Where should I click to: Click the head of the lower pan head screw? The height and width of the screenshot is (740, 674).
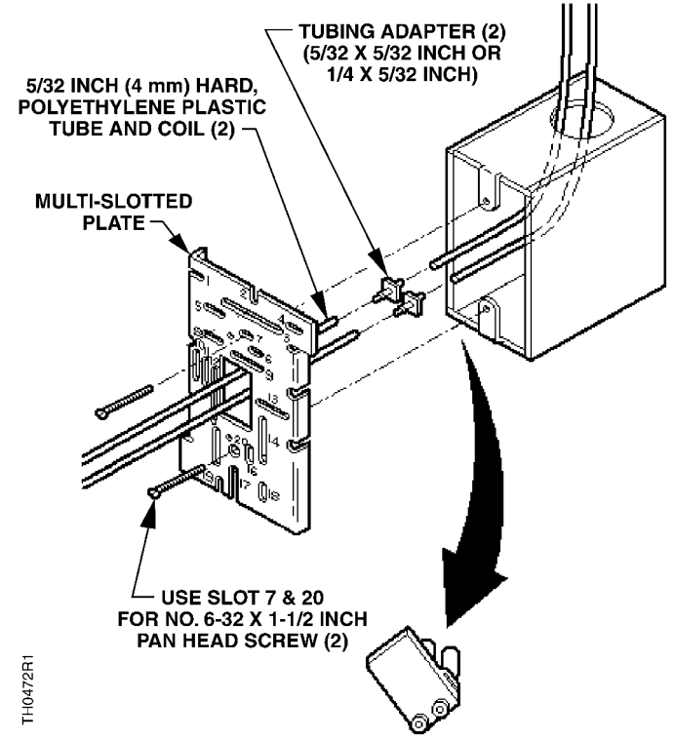click(x=153, y=494)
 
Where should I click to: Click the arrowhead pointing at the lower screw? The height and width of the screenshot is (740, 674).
click(x=154, y=507)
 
